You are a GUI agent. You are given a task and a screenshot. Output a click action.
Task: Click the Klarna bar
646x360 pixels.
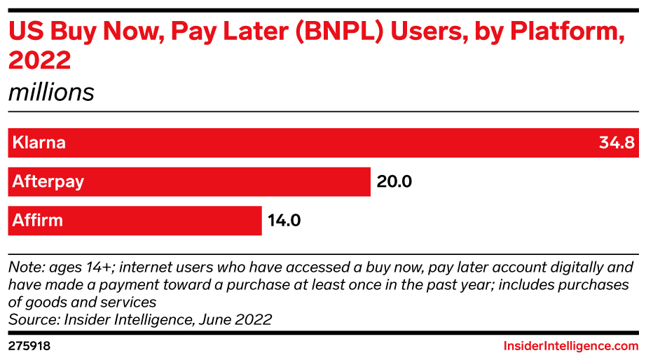tap(322, 143)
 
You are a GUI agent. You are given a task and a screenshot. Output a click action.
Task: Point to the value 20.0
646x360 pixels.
tap(394, 182)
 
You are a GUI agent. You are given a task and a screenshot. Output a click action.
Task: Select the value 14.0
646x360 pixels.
tap(284, 221)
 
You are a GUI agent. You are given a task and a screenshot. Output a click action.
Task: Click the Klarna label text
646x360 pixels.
tap(39, 143)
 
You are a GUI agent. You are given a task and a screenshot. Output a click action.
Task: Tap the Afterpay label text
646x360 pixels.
tap(48, 182)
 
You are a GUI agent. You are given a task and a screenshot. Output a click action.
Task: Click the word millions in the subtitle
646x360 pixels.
tap(51, 92)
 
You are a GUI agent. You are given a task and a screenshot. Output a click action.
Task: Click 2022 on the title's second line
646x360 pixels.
tap(39, 61)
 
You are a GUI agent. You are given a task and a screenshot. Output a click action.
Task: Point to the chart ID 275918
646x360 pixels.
tap(29, 346)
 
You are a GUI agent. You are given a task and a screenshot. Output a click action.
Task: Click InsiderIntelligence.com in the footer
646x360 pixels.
tap(571, 346)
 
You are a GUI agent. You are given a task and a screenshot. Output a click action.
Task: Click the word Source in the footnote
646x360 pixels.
tap(29, 319)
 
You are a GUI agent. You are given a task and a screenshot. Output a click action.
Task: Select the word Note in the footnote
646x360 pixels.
tap(23, 267)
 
